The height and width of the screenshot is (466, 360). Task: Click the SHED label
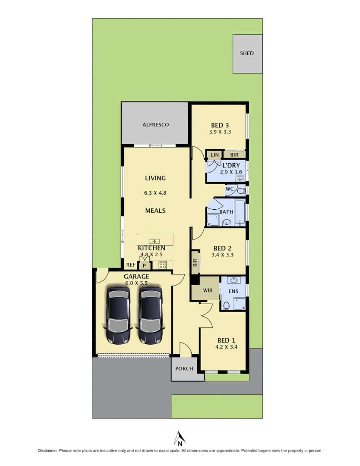click(x=247, y=54)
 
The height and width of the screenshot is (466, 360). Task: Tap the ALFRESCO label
click(x=155, y=125)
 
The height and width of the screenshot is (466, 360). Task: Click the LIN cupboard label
click(x=215, y=154)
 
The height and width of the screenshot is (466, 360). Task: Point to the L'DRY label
click(x=231, y=165)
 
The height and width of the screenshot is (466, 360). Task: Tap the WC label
click(x=230, y=189)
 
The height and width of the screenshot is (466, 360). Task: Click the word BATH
click(x=226, y=212)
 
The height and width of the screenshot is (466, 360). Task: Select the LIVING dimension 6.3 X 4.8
click(x=155, y=193)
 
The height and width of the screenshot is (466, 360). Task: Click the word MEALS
click(x=155, y=211)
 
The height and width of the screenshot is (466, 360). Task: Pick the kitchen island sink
click(x=155, y=241)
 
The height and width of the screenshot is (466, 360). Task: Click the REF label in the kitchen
click(x=130, y=265)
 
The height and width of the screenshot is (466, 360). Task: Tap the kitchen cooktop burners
click(x=163, y=265)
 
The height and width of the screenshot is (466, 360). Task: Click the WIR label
click(x=208, y=290)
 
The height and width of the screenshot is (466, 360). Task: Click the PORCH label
click(x=184, y=368)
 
